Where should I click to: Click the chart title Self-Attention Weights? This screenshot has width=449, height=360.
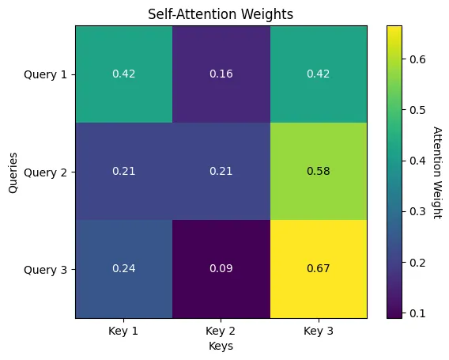[x=221, y=13]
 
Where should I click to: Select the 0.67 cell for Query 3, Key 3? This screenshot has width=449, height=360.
[x=318, y=269]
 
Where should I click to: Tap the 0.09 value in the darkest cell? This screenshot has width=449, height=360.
[x=221, y=269]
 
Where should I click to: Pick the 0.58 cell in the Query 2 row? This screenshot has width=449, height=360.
[x=318, y=172]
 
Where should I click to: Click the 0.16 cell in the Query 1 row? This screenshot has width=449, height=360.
[x=221, y=74]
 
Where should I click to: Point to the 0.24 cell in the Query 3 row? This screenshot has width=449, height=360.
[x=123, y=269]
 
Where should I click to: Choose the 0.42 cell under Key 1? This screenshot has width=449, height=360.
[x=123, y=74]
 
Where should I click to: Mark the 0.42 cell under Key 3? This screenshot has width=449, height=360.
[x=318, y=74]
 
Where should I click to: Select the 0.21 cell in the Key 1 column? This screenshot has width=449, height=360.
[x=123, y=172]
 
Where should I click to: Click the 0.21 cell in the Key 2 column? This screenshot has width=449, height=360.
[x=221, y=172]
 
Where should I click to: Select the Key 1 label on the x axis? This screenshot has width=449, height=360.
[x=123, y=332]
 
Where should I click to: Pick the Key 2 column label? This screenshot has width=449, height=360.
[x=221, y=332]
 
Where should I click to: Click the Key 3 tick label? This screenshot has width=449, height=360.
[x=318, y=332]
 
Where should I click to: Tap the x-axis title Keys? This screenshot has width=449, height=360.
[x=221, y=346]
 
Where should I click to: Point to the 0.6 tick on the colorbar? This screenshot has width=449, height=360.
[x=419, y=59]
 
